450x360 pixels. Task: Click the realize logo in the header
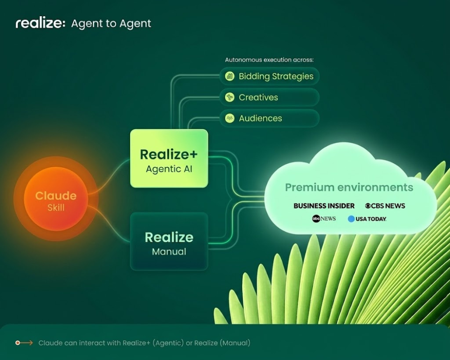pyautogui.click(x=40, y=23)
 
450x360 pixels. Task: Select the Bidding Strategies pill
pyautogui.click(x=269, y=76)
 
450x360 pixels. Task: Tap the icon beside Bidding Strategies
pyautogui.click(x=230, y=76)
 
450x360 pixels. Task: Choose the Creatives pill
pyautogui.click(x=269, y=97)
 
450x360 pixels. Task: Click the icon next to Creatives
pyautogui.click(x=230, y=97)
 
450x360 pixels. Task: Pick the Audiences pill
pyautogui.click(x=269, y=118)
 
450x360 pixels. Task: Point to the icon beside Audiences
pyautogui.click(x=230, y=118)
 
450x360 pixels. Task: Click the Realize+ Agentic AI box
pyautogui.click(x=169, y=158)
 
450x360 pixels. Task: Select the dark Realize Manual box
pyautogui.click(x=169, y=242)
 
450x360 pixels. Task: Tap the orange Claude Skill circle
pyautogui.click(x=56, y=201)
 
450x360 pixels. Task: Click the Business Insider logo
pyautogui.click(x=324, y=206)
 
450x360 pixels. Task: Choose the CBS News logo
pyautogui.click(x=385, y=206)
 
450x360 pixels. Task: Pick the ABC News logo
pyautogui.click(x=324, y=219)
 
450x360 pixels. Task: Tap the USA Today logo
pyautogui.click(x=367, y=219)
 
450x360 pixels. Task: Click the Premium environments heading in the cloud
pyautogui.click(x=349, y=187)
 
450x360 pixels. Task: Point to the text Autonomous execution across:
pyautogui.click(x=269, y=59)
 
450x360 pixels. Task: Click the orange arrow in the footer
pyautogui.click(x=24, y=343)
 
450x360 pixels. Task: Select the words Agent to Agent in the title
pyautogui.click(x=111, y=23)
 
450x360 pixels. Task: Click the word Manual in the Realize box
pyautogui.click(x=169, y=252)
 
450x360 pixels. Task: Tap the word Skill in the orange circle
pyautogui.click(x=56, y=207)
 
